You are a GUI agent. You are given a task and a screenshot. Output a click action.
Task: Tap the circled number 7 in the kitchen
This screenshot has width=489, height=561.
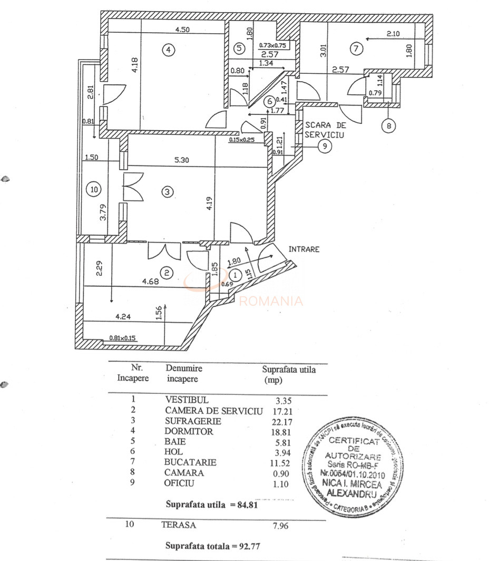point(357,50)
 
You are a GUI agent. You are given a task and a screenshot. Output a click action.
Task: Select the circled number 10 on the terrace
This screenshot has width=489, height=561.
point(94,190)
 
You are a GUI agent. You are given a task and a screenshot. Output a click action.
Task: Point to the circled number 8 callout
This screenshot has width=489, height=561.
point(388,127)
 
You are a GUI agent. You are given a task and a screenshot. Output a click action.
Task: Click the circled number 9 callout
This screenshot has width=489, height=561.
point(325,147)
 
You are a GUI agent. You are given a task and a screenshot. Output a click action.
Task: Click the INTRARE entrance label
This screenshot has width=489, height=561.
point(304,249)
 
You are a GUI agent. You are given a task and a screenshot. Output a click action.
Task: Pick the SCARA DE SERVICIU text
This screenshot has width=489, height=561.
point(325,130)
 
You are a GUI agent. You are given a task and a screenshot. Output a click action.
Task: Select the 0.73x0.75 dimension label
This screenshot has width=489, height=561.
point(273,46)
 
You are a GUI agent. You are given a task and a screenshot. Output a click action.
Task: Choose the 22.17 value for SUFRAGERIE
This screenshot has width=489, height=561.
point(273,421)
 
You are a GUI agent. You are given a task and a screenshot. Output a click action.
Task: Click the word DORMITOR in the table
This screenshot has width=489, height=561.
point(189,431)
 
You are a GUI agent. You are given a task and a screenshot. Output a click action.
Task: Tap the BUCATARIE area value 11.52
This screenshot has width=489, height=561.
point(273,462)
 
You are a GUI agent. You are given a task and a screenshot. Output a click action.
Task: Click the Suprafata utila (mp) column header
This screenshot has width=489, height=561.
point(289,374)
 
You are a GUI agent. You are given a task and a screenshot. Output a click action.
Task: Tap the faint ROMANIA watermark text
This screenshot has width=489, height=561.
point(271,302)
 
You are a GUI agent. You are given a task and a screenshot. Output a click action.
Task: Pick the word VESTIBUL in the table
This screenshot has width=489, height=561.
point(187,400)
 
